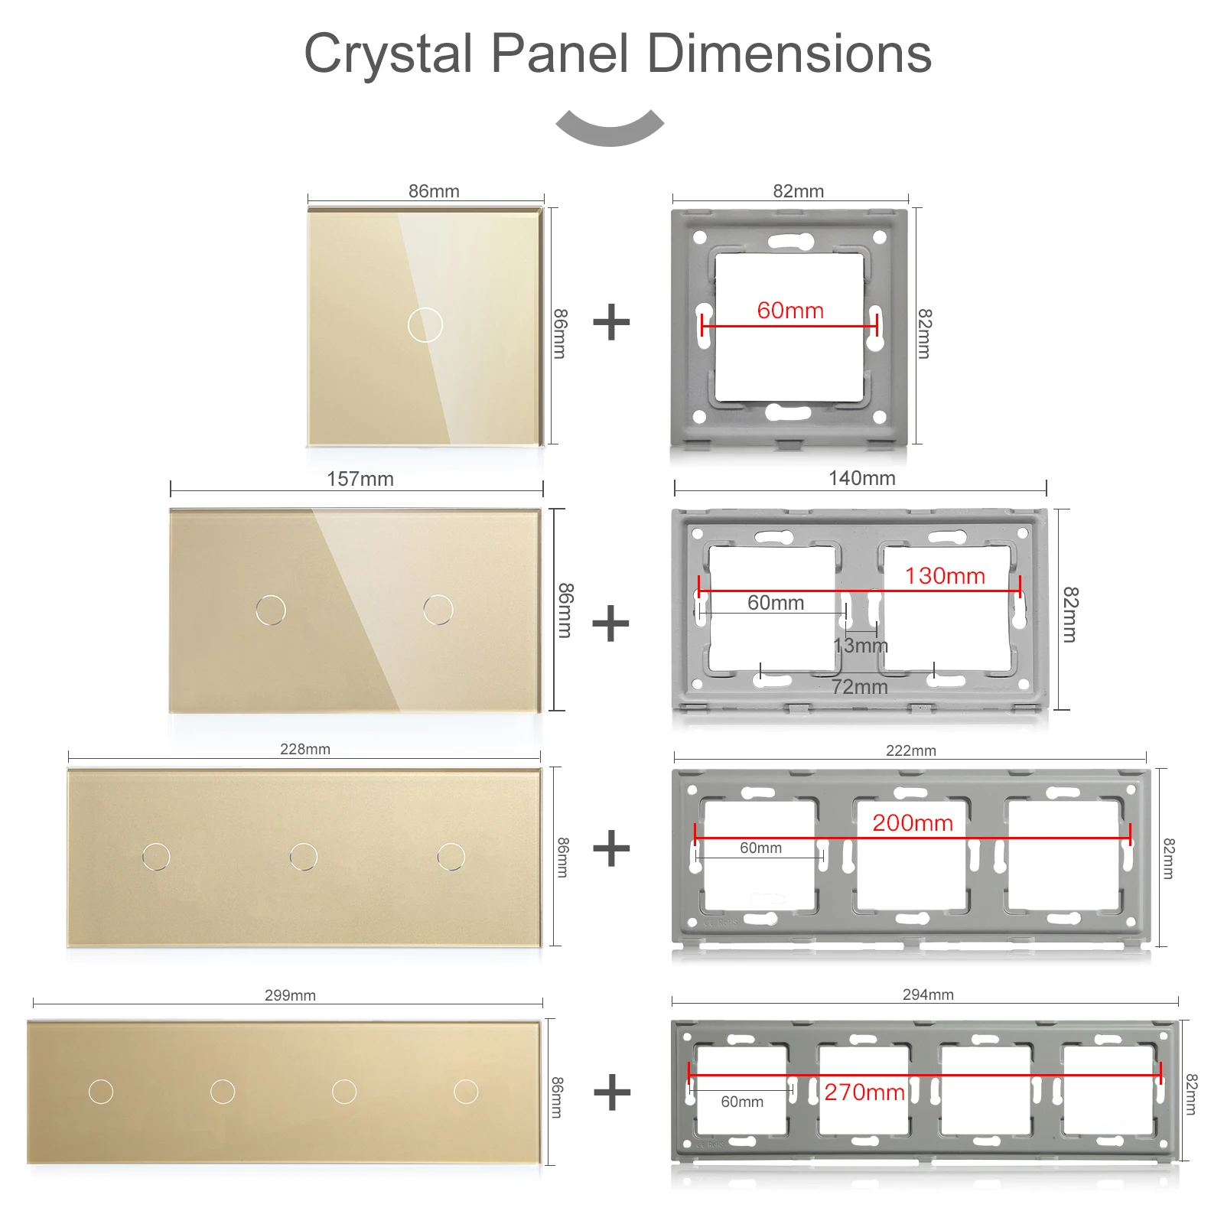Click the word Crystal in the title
point(388,55)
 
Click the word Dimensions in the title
point(789,54)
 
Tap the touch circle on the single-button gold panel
point(425,324)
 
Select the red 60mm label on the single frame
point(790,311)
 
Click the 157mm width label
point(360,479)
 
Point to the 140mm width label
point(861,478)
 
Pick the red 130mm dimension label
point(945,576)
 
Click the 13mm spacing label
point(861,646)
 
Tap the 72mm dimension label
point(860,687)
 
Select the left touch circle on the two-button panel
point(271,610)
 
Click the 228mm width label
point(305,749)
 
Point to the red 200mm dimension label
point(913,823)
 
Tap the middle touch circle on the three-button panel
point(304,856)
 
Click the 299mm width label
point(290,995)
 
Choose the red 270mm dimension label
point(864,1092)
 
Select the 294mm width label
point(928,994)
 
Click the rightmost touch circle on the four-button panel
point(466,1092)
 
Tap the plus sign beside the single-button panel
point(612,322)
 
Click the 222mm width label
point(911,750)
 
